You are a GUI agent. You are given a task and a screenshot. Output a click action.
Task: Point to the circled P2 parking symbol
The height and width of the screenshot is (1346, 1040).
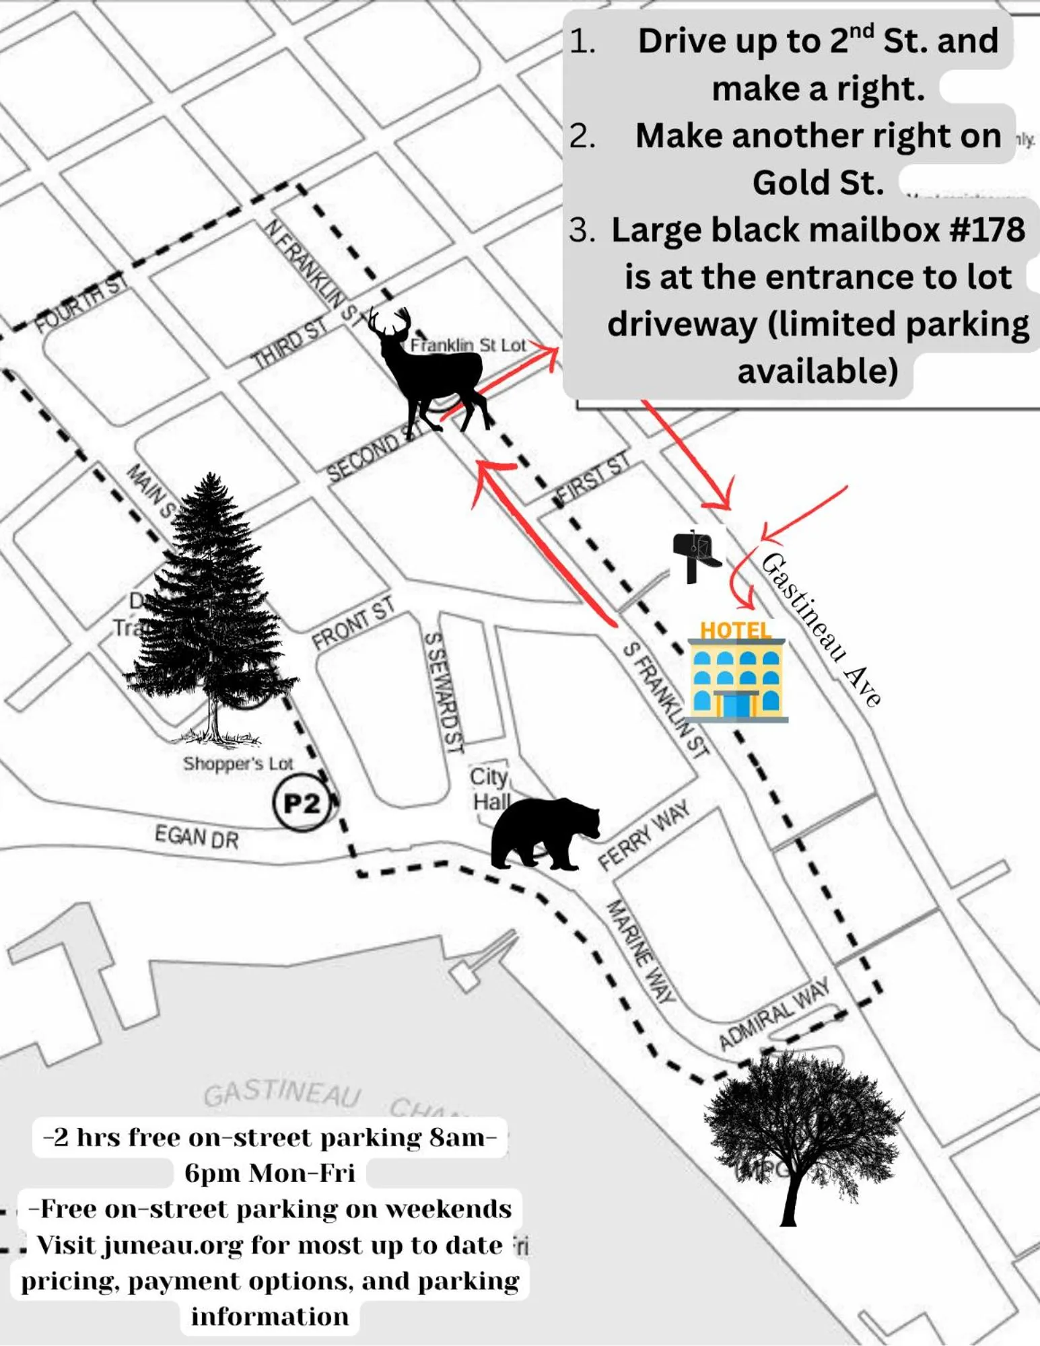[302, 803]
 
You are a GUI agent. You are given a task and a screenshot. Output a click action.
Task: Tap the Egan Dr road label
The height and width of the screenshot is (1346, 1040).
[197, 837]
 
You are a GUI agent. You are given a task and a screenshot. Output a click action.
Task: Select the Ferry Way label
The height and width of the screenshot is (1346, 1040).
[644, 835]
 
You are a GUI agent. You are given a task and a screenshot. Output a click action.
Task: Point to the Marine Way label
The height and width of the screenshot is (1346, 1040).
[640, 952]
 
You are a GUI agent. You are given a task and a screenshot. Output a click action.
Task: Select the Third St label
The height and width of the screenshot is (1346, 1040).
[289, 343]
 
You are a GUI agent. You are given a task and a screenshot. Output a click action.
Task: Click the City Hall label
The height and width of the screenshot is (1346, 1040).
[490, 789]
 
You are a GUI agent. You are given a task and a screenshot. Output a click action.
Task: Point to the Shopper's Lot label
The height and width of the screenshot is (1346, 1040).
[238, 764]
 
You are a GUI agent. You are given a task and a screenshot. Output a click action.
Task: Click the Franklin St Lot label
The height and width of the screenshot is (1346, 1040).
[468, 345]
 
